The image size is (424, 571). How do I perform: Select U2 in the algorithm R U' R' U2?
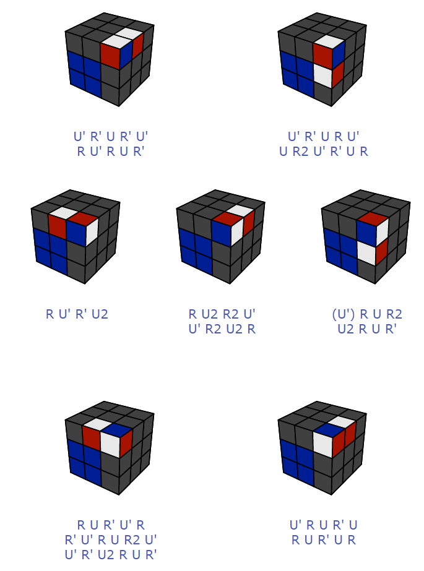point(100,314)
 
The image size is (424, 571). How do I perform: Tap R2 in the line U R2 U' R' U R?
point(301,151)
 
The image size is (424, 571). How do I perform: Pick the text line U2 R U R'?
point(367,329)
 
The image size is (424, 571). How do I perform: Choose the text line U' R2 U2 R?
point(222,329)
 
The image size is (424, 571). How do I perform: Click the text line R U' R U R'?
point(111,151)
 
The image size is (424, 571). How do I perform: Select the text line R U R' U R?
point(324,539)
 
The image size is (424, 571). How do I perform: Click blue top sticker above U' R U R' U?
point(329,428)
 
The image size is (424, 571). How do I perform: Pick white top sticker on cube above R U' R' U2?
point(64,213)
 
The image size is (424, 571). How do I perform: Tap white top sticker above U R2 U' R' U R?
point(329,41)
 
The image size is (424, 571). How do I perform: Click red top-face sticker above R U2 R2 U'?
point(228,217)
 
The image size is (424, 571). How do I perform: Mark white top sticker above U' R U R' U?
point(342,423)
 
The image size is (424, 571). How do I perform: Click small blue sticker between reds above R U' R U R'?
point(126,54)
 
